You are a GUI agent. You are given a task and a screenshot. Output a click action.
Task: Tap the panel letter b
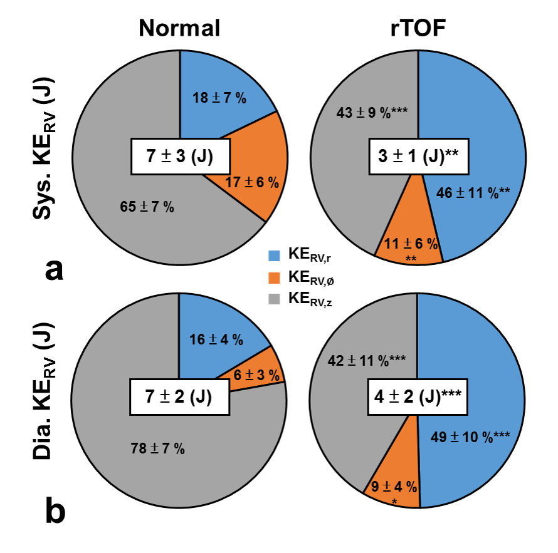[x=55, y=511]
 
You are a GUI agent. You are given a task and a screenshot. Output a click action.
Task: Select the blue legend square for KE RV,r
[x=274, y=256]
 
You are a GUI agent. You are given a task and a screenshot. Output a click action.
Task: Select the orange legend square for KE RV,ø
[x=274, y=277]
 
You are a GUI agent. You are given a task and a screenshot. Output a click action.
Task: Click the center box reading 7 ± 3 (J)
[x=180, y=156]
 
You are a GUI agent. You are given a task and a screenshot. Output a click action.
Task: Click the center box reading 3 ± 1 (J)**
[x=419, y=156]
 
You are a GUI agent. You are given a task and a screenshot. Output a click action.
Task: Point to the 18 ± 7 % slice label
[x=218, y=97]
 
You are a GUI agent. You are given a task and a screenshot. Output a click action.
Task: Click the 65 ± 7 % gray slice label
[x=147, y=207]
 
